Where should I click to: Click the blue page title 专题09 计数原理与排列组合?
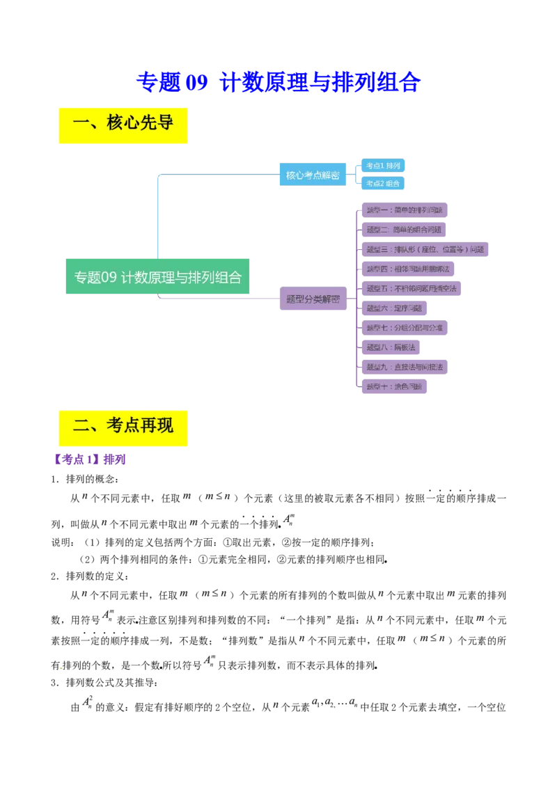coord(278,82)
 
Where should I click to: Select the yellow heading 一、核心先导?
coord(123,125)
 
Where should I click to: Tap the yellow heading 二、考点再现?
coord(123,427)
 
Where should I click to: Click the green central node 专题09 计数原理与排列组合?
coord(157,276)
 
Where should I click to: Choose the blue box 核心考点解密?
coord(313,175)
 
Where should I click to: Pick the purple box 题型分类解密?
coord(313,299)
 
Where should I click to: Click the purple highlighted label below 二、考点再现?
coord(89,459)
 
